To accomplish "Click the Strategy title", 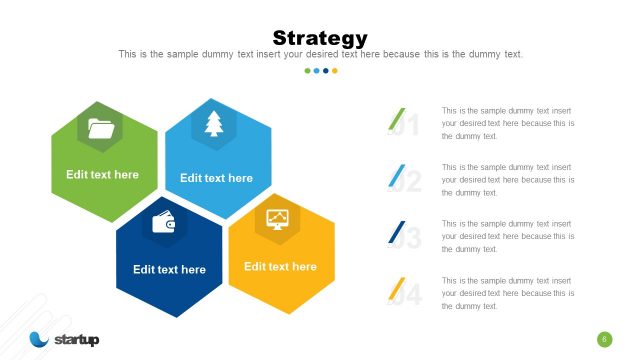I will pyautogui.click(x=320, y=38).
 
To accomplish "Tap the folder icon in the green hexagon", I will pyautogui.click(x=100, y=127).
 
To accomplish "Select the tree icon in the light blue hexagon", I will pyautogui.click(x=214, y=123).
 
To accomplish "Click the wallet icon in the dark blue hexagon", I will pyautogui.click(x=164, y=223).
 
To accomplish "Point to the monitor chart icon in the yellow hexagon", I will pyautogui.click(x=277, y=218).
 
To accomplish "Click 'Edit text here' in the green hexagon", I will pyautogui.click(x=103, y=175).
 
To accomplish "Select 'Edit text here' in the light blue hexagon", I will pyautogui.click(x=216, y=178).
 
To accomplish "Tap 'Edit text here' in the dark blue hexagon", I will pyautogui.click(x=169, y=269).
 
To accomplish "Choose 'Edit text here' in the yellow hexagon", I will pyautogui.click(x=280, y=267).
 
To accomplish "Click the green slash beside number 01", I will pyautogui.click(x=396, y=119).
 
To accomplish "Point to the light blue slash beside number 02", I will pyautogui.click(x=396, y=176).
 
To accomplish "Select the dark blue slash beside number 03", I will pyautogui.click(x=396, y=233).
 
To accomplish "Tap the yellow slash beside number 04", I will pyautogui.click(x=396, y=290).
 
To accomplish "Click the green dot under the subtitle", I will pyautogui.click(x=307, y=71).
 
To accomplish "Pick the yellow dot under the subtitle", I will pyautogui.click(x=334, y=71).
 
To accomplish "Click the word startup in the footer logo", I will pyautogui.click(x=77, y=340).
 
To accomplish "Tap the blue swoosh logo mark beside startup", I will pyautogui.click(x=39, y=339).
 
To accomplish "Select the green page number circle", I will pyautogui.click(x=604, y=339).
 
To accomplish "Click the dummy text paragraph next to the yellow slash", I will pyautogui.click(x=507, y=293).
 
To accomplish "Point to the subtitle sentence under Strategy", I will pyautogui.click(x=320, y=54).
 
